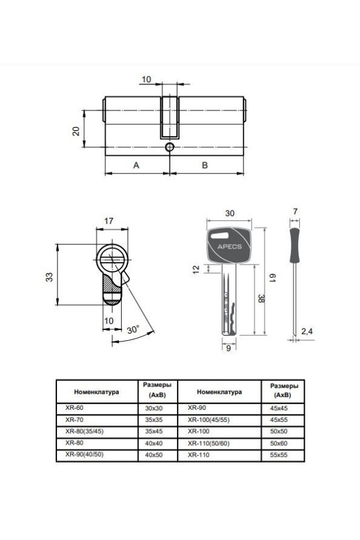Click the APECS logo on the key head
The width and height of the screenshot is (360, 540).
(226, 245)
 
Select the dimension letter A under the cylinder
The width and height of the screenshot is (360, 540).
(136, 166)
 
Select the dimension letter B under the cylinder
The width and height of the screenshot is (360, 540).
(205, 166)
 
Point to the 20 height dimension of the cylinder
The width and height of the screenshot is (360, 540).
(76, 131)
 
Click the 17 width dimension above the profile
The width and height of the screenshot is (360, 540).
(109, 221)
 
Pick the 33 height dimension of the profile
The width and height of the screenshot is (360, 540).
(49, 277)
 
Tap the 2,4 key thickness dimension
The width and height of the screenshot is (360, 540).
(307, 331)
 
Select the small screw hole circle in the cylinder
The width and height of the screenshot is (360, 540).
(170, 148)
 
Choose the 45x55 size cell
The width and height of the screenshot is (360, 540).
(280, 419)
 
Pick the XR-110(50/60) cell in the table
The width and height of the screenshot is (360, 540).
(209, 443)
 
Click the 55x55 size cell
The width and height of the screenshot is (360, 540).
(280, 455)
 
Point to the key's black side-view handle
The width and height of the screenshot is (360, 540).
(295, 246)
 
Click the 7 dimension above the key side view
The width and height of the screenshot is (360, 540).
(295, 212)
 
